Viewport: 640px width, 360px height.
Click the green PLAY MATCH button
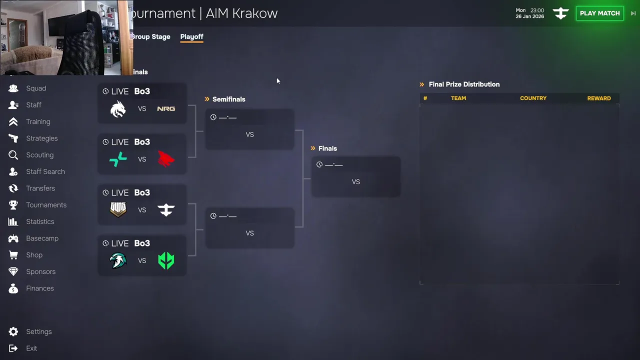599,13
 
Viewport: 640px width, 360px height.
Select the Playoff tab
191,36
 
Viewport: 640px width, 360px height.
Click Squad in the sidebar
36,88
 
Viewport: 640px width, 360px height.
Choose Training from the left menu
38,121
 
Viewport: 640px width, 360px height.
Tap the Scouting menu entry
39,155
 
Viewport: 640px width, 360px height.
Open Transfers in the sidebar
40,188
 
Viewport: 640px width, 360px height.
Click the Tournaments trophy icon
13,205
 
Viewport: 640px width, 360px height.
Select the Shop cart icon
13,255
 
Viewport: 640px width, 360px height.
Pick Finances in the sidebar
39,288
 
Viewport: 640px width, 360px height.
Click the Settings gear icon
13,331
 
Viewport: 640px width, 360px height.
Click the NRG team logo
166,108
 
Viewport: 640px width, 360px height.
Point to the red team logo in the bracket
166,159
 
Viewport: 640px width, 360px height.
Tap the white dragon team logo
118,108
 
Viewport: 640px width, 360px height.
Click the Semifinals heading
228,99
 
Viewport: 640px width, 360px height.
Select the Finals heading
327,148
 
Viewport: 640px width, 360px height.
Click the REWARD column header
598,98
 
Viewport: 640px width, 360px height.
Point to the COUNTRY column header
533,98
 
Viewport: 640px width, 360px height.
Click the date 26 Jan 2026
530,16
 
